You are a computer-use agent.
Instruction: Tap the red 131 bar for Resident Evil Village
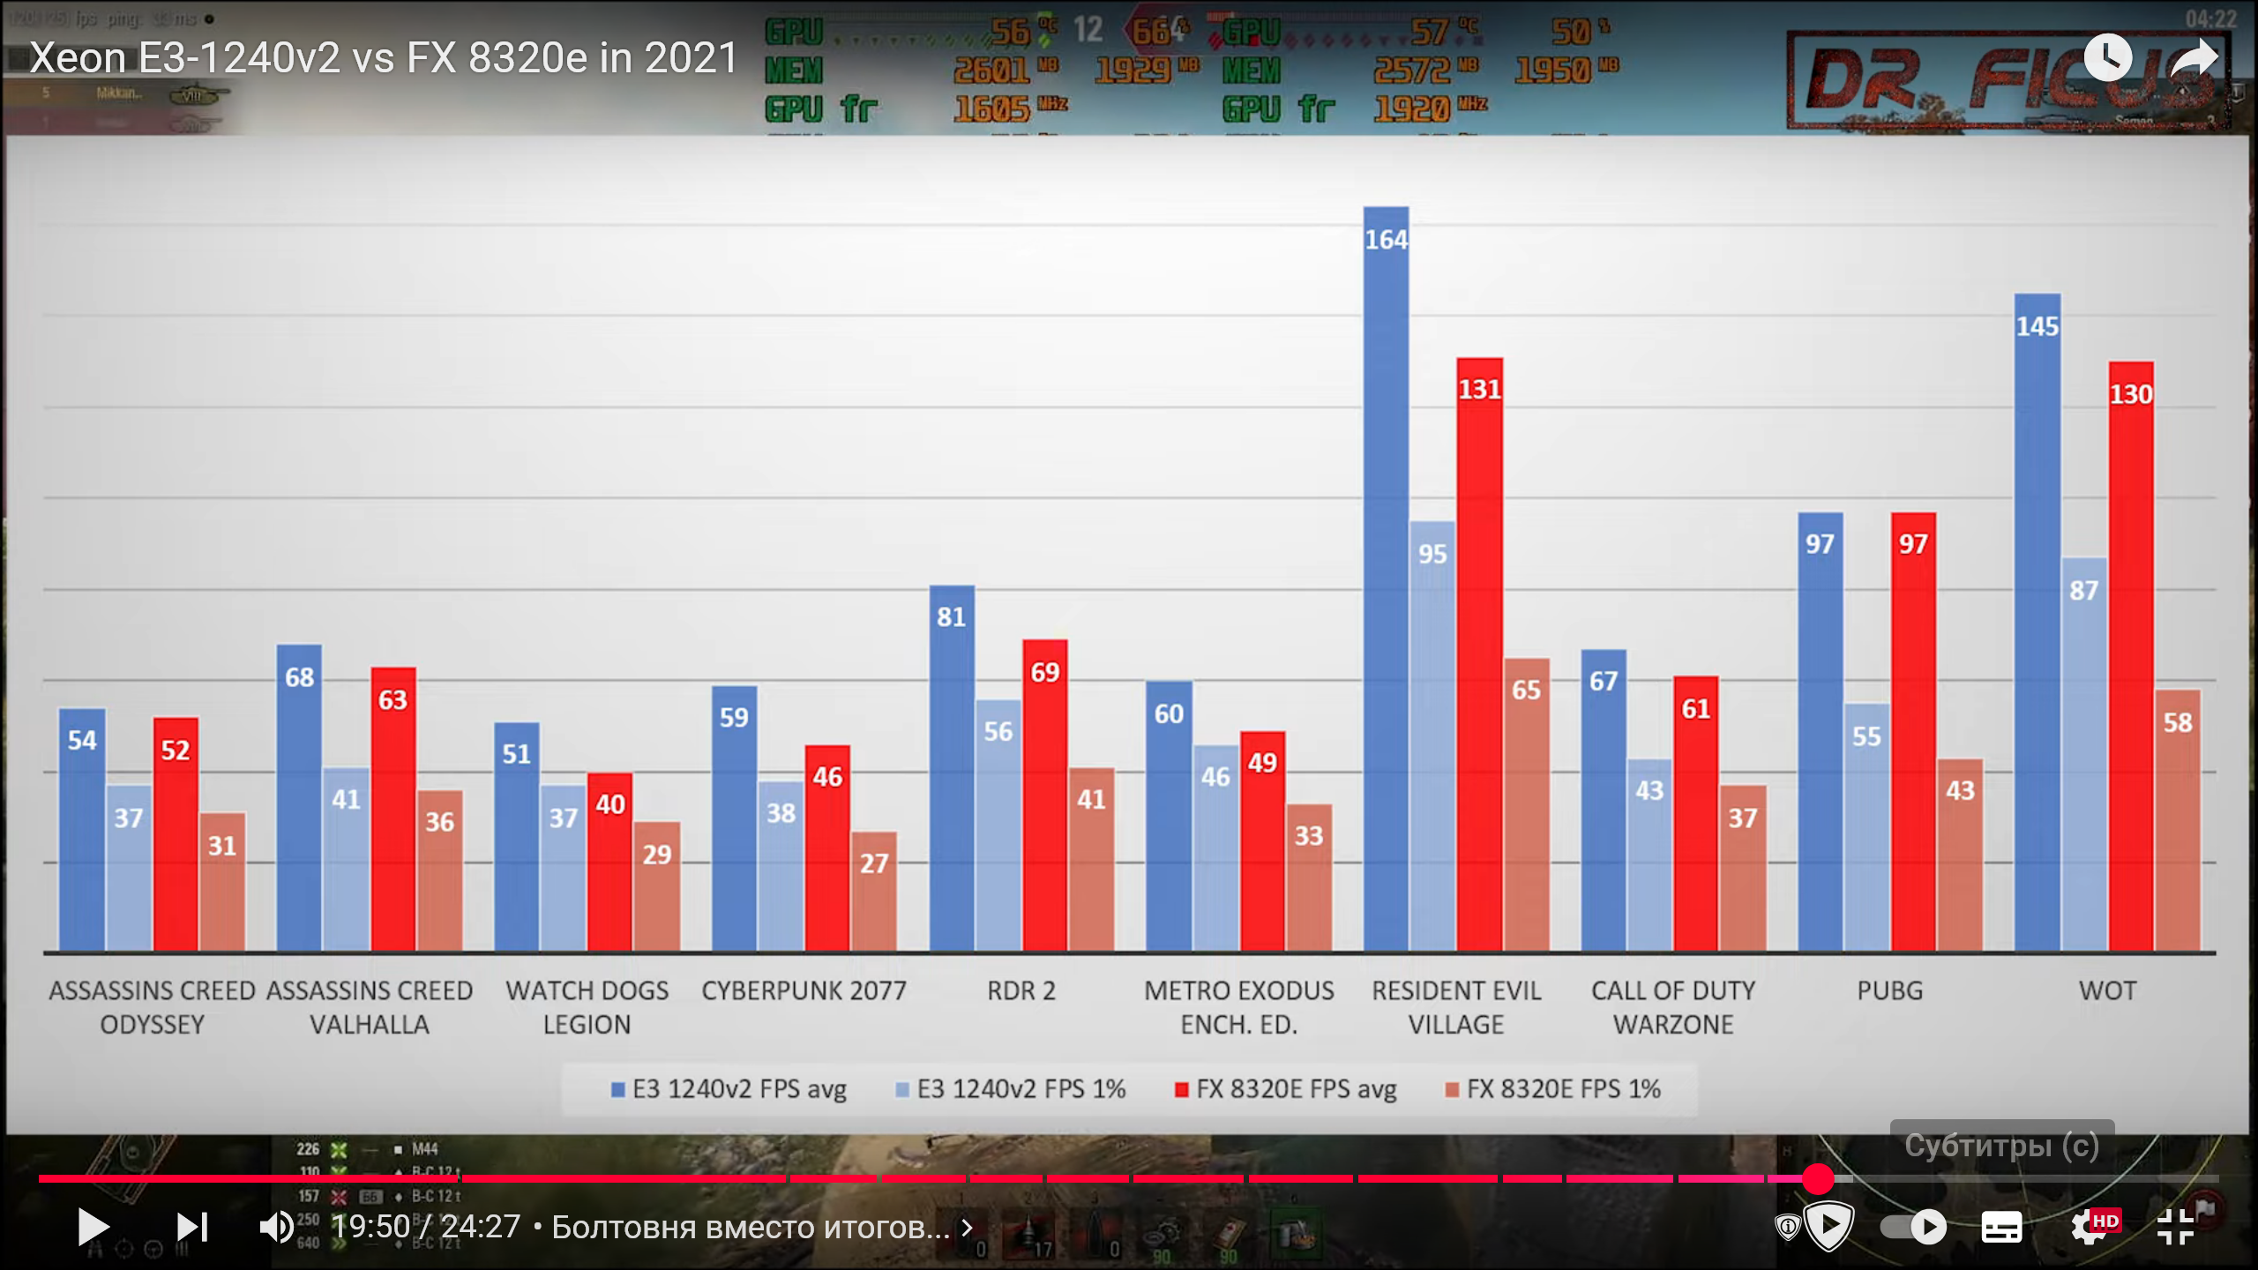[x=1479, y=654]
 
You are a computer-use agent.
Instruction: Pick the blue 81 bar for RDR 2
[x=952, y=767]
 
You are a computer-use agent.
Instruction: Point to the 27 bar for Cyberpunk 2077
[x=873, y=891]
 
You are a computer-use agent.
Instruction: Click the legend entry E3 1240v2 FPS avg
[x=729, y=1089]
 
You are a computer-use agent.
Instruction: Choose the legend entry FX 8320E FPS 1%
[x=1553, y=1089]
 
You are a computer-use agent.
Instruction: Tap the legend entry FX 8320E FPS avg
[x=1286, y=1089]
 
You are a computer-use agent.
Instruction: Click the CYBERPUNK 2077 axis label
[x=804, y=990]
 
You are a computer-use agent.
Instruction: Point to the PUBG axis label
[x=1889, y=990]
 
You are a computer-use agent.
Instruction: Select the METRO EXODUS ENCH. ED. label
[x=1239, y=1007]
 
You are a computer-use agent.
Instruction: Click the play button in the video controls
[x=93, y=1227]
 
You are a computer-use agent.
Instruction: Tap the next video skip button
[x=192, y=1227]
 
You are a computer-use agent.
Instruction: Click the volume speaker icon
[x=276, y=1227]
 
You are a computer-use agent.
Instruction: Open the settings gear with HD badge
[x=2092, y=1227]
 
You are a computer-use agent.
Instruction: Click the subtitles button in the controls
[x=2001, y=1227]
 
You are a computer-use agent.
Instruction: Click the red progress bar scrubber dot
[x=1818, y=1178]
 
